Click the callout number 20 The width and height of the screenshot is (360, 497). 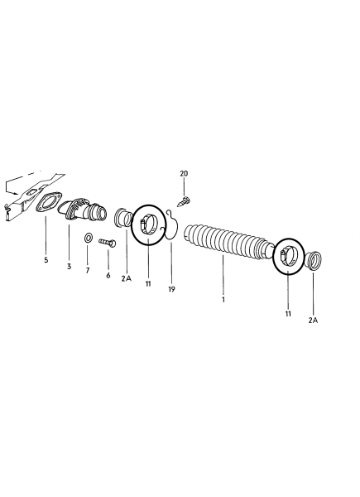pyautogui.click(x=184, y=173)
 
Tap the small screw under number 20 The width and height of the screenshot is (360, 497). pyautogui.click(x=184, y=201)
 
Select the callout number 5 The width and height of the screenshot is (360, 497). pyautogui.click(x=46, y=260)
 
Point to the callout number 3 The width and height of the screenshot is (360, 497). pyautogui.click(x=69, y=266)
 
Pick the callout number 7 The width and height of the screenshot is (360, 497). pyautogui.click(x=88, y=270)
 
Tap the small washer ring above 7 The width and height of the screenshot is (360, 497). pyautogui.click(x=88, y=238)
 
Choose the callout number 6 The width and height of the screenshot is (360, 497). pyautogui.click(x=108, y=275)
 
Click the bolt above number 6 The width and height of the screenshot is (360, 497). pyautogui.click(x=108, y=243)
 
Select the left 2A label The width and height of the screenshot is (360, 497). pyautogui.click(x=126, y=278)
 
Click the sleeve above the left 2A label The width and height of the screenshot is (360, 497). pyautogui.click(x=122, y=217)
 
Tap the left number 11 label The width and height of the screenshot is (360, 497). pyautogui.click(x=148, y=283)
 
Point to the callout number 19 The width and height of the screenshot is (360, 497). pyautogui.click(x=171, y=289)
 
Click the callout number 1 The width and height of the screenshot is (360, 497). pyautogui.click(x=223, y=300)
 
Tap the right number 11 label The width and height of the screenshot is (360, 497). pyautogui.click(x=288, y=314)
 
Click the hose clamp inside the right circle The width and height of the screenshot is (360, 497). pyautogui.click(x=289, y=255)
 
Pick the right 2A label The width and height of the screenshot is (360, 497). pyautogui.click(x=313, y=320)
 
